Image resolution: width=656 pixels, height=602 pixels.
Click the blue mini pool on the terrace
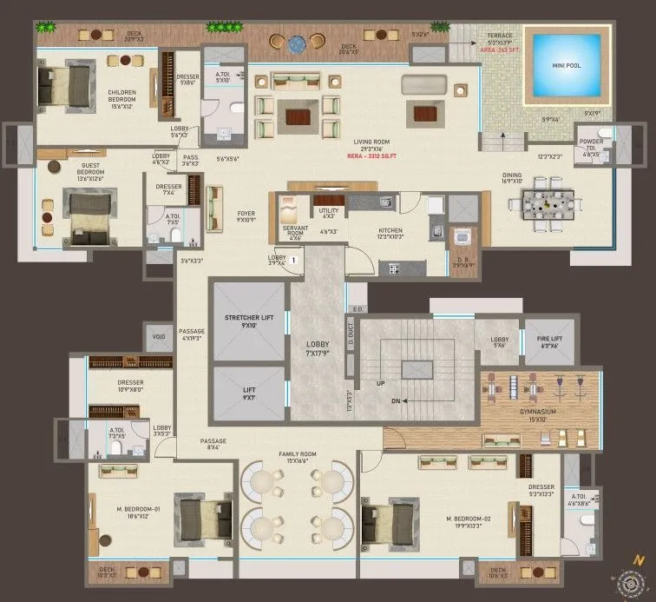click(x=567, y=66)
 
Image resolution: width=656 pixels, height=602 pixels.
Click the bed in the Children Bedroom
click(x=65, y=87)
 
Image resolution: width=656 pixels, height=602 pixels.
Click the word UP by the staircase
click(x=380, y=382)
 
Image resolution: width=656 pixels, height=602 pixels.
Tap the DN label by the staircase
click(x=395, y=400)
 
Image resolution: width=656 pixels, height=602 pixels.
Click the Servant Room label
click(x=295, y=232)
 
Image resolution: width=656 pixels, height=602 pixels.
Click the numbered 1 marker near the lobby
click(x=293, y=258)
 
